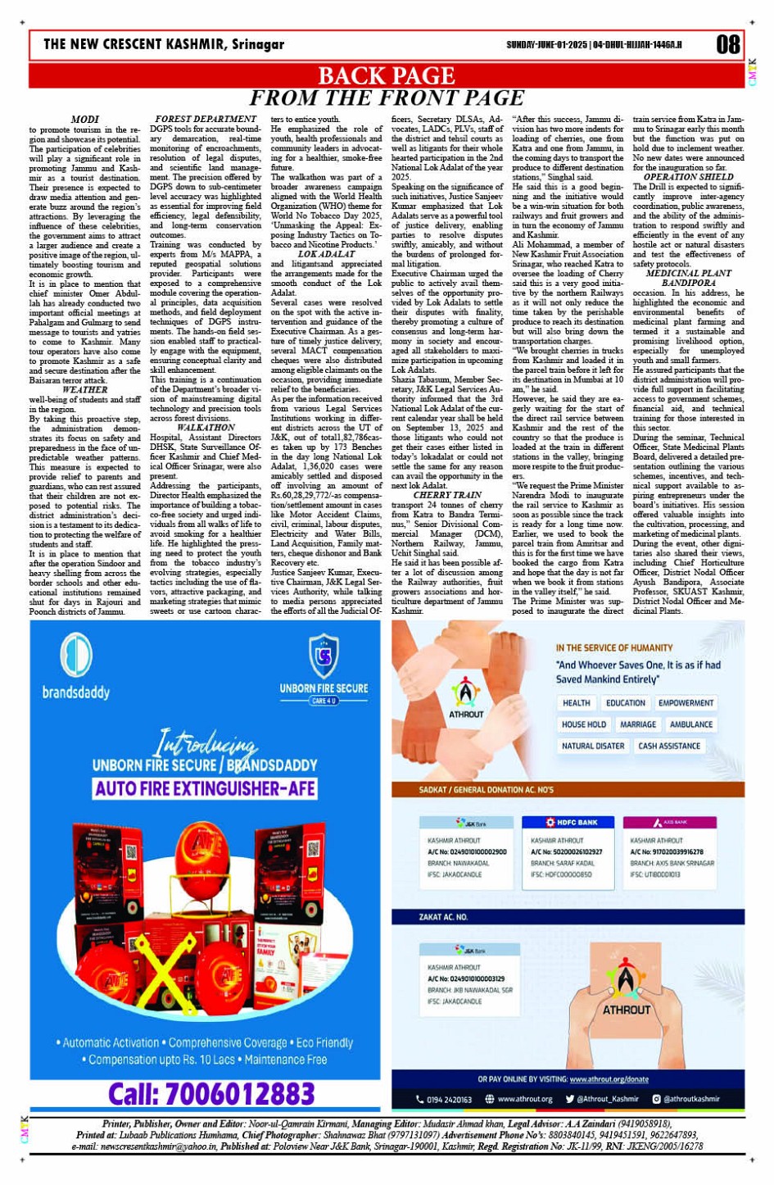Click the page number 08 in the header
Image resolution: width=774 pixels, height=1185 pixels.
point(727,43)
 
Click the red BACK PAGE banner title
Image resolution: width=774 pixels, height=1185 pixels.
point(386,75)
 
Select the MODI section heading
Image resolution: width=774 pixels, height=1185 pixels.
point(85,120)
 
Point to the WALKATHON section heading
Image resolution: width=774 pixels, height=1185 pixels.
point(206,428)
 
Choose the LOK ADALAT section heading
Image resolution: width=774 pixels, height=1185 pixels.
point(326,254)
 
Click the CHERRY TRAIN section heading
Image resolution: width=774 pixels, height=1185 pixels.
point(447,495)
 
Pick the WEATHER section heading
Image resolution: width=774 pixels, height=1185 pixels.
point(85,390)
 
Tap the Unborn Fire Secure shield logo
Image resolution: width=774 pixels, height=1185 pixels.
point(324,656)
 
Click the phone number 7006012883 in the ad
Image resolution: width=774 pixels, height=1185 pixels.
point(211,1094)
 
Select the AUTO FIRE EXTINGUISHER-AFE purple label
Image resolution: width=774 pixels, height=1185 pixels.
point(205,788)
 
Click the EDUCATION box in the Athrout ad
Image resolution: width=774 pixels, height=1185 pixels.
point(626,703)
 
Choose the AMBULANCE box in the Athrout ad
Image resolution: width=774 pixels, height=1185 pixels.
point(690,724)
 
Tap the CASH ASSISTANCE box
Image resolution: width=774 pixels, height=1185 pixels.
point(669,746)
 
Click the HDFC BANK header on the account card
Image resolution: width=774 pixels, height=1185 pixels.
point(572,822)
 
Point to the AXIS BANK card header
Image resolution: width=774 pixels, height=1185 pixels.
point(670,822)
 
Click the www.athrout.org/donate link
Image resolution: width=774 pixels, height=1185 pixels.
point(609,1079)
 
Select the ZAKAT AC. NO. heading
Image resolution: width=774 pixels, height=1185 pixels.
point(443,917)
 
